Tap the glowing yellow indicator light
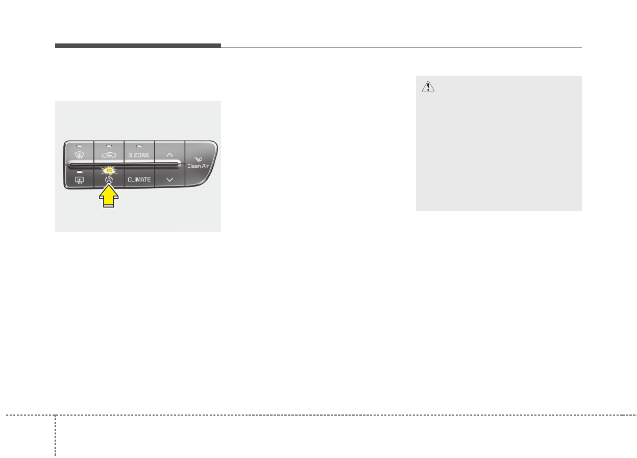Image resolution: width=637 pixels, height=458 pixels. [x=109, y=171]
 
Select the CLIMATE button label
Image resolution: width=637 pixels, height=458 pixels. [x=139, y=180]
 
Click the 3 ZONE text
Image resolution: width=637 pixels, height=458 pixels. [x=139, y=155]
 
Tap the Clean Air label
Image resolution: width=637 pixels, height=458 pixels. [x=198, y=166]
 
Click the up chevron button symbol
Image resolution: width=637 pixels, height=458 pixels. [x=169, y=154]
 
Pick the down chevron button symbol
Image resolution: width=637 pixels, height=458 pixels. [x=169, y=180]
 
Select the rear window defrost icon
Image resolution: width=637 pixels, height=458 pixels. [x=80, y=180]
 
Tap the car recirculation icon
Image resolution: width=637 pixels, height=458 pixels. [x=109, y=155]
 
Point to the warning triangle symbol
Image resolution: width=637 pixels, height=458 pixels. [x=428, y=87]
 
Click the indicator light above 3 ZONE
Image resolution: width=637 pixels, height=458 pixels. [x=139, y=147]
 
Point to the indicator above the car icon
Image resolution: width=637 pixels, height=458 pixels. [x=109, y=147]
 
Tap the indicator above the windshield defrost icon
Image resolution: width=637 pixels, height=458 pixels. [x=80, y=147]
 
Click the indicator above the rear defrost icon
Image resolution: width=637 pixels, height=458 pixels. [x=80, y=172]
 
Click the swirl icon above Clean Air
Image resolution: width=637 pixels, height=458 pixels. [x=198, y=159]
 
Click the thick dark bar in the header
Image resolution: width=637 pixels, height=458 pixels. [x=138, y=46]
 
